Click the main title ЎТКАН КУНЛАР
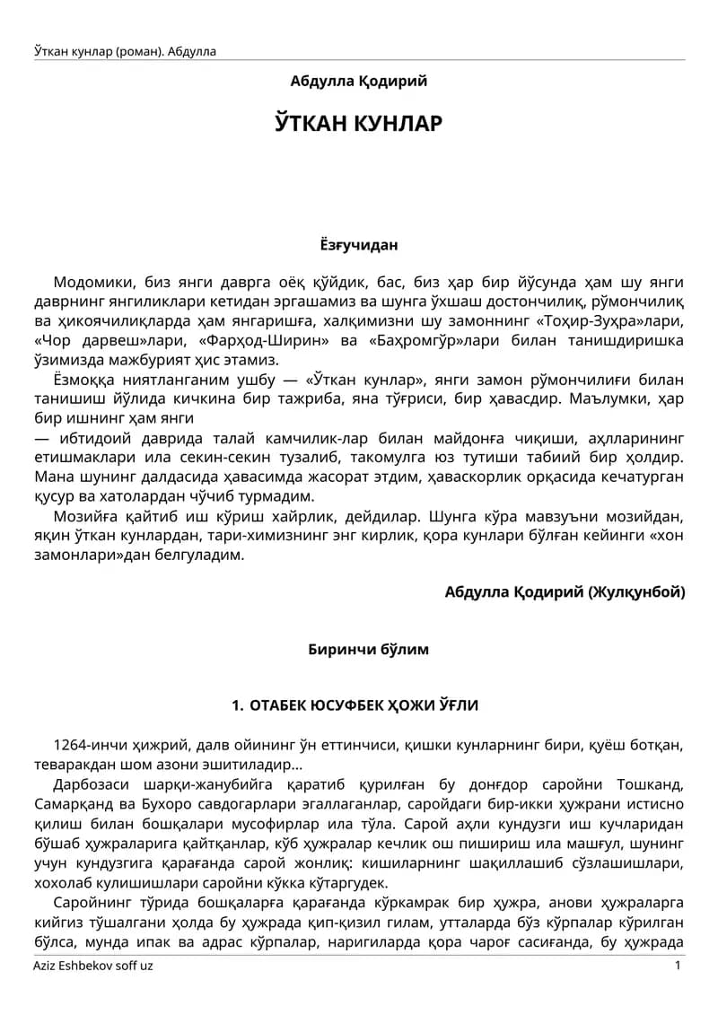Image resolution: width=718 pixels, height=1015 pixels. click(x=359, y=123)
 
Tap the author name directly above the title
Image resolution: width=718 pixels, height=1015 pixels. click(x=359, y=81)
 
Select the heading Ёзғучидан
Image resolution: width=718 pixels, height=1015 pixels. click(x=359, y=244)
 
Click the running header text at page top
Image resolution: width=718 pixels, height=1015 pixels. click(x=125, y=51)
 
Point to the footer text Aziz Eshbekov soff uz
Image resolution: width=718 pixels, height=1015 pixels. click(x=92, y=966)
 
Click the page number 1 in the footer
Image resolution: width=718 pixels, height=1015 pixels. click(x=678, y=966)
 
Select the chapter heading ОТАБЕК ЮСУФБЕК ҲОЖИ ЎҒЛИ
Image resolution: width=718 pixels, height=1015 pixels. click(x=363, y=706)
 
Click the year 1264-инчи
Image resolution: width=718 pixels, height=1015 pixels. click(x=93, y=745)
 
